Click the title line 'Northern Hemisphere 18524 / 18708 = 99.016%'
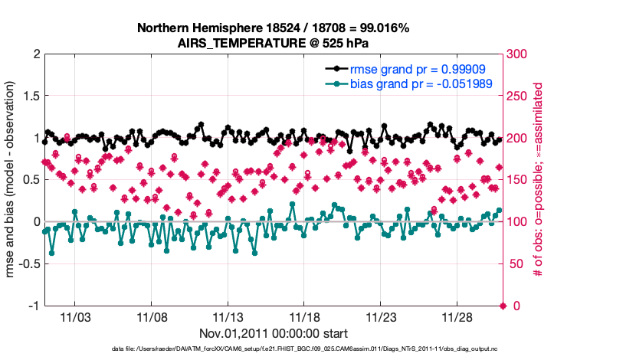point(273,28)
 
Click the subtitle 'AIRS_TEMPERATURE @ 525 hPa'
point(273,43)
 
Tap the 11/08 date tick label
point(152,317)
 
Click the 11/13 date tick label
point(228,317)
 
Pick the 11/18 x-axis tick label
point(304,317)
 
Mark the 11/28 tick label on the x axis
point(457,317)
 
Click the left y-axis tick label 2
point(36,54)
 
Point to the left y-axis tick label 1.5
point(31,97)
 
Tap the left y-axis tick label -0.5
point(28,263)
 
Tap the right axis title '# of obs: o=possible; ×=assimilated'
point(539,180)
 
